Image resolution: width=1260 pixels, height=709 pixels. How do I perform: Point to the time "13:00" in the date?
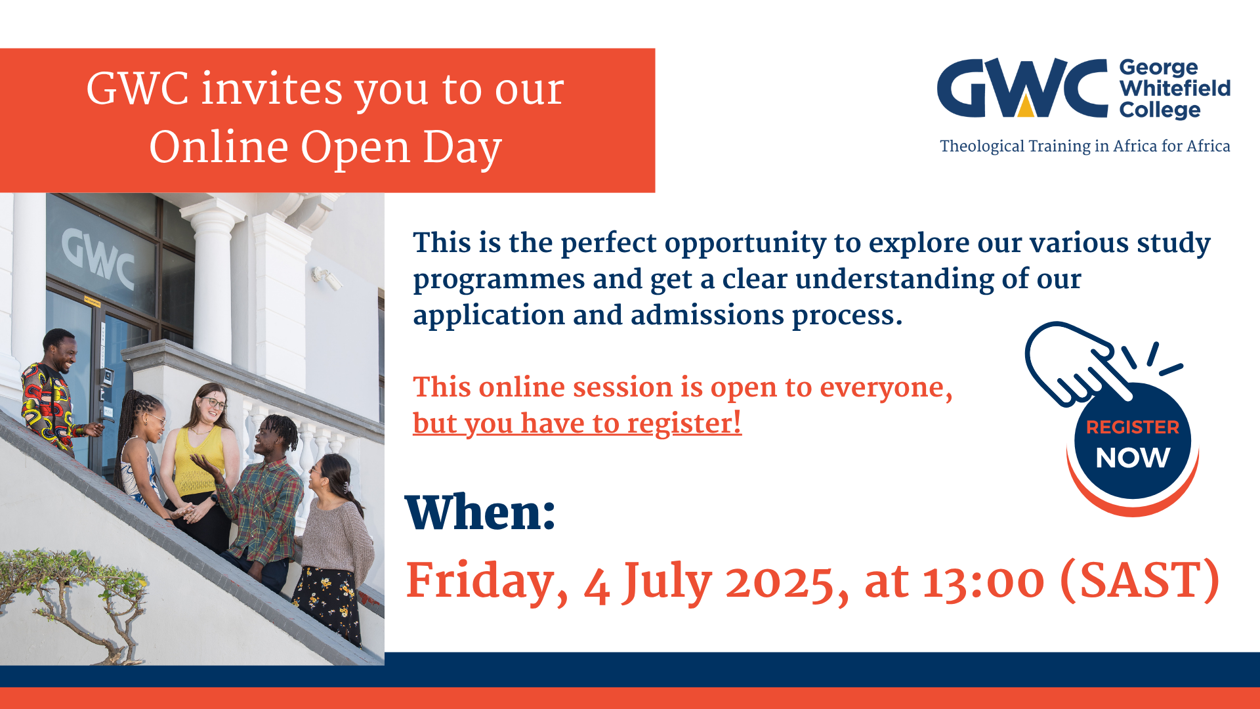[984, 582]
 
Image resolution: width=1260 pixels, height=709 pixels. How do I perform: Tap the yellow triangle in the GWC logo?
[1025, 106]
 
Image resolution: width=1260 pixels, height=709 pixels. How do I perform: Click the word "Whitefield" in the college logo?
[1175, 88]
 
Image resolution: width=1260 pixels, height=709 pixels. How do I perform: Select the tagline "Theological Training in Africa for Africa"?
[1085, 146]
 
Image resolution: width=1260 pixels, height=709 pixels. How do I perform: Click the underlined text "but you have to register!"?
[577, 423]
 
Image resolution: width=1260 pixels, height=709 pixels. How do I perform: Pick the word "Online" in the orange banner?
[219, 146]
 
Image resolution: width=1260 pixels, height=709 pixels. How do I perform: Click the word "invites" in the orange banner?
[272, 89]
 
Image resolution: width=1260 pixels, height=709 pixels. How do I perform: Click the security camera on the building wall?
[327, 278]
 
